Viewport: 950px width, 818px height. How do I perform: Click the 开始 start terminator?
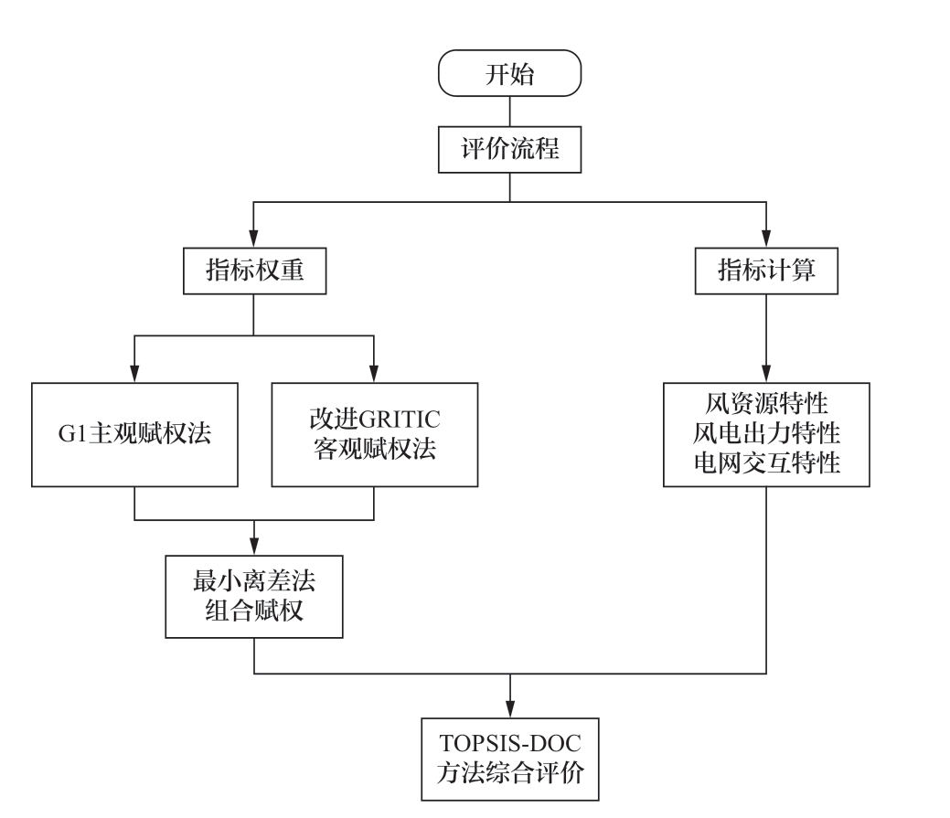click(x=509, y=74)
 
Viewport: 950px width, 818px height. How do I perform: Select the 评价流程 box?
click(x=509, y=149)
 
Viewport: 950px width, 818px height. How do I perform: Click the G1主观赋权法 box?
click(x=134, y=434)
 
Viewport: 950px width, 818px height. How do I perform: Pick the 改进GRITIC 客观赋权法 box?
click(x=374, y=434)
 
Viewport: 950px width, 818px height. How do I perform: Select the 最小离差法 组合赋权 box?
click(x=253, y=595)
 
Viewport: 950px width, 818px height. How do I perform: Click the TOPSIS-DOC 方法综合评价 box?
click(x=509, y=760)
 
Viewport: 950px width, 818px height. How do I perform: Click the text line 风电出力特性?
click(x=766, y=433)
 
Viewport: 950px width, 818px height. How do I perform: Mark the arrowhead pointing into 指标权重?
click(x=253, y=239)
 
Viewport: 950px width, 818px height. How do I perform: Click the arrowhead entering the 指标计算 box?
click(x=766, y=239)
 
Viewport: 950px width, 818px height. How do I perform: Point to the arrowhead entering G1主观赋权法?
click(x=134, y=373)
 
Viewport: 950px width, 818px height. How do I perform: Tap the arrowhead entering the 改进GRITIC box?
click(x=374, y=373)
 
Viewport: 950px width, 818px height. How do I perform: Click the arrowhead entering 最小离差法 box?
click(x=253, y=545)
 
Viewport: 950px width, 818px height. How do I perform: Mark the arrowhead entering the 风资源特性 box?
click(x=766, y=373)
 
